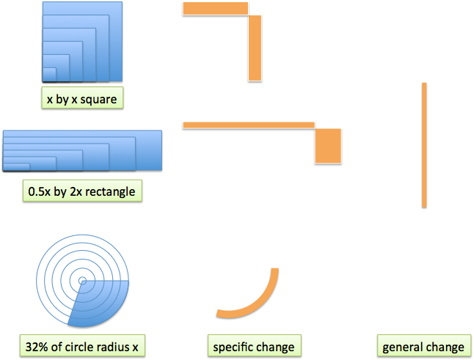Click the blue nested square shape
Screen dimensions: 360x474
pos(81,41)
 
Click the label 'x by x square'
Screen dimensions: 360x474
pos(81,98)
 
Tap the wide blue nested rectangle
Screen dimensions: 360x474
pos(82,150)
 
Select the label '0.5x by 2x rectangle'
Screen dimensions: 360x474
pos(81,192)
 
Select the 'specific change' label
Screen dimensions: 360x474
pos(253,346)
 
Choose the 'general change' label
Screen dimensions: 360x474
pos(423,346)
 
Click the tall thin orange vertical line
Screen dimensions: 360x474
pos(424,144)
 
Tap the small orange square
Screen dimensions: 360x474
pos(328,145)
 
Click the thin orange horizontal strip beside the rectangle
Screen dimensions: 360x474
pos(248,125)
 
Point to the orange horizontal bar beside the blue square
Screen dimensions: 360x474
pos(215,8)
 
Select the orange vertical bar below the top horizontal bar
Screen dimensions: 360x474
pos(255,47)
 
